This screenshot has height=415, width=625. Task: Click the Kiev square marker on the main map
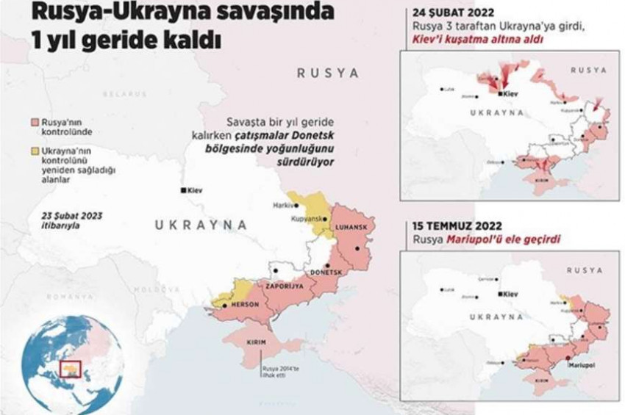pos(183,190)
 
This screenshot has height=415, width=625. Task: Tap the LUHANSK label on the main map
pos(350,228)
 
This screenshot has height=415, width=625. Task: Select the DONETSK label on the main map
pos(327,273)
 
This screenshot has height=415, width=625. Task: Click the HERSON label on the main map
pos(244,304)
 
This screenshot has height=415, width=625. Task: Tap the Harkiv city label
pos(283,205)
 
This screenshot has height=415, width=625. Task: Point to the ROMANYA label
pos(70,296)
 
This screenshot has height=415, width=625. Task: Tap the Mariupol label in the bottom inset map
pos(581,364)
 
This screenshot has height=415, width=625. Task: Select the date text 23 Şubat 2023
pos(72,215)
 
